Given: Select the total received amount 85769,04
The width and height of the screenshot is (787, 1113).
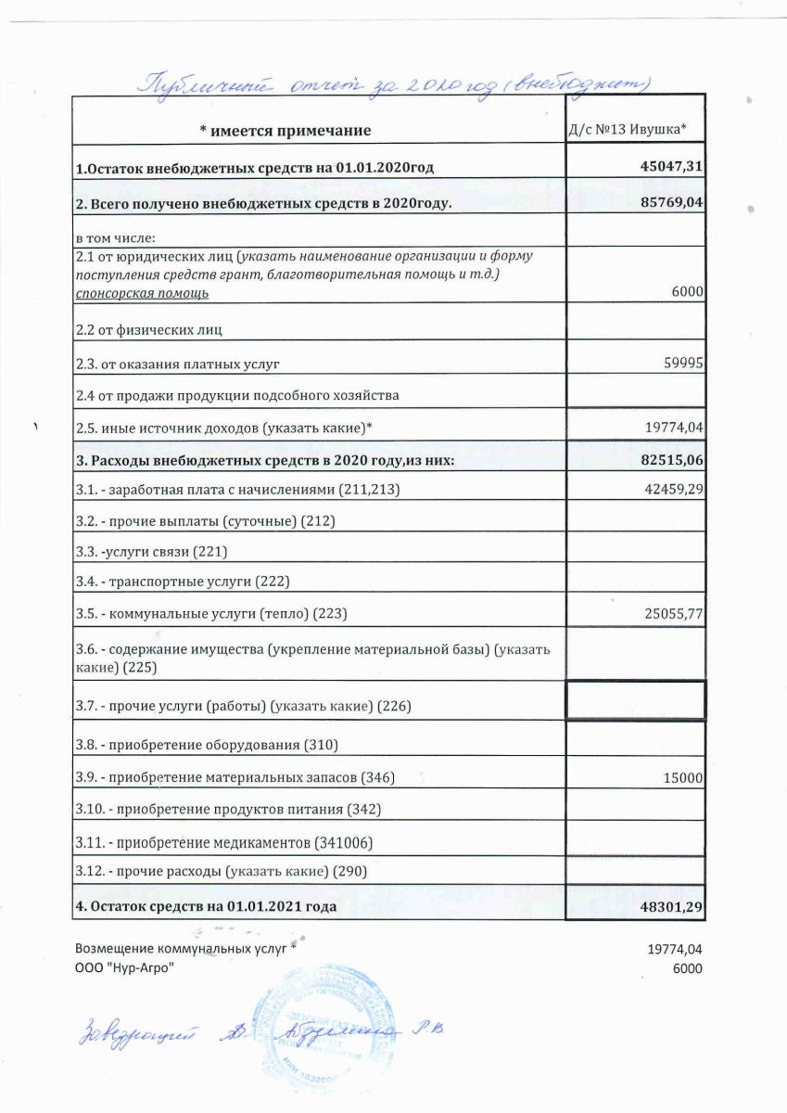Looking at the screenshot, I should (667, 203).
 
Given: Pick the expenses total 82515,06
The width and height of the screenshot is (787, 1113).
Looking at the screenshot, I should (667, 460).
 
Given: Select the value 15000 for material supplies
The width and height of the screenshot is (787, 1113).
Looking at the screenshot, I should (682, 778).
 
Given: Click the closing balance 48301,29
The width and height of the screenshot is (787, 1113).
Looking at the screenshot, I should (667, 906).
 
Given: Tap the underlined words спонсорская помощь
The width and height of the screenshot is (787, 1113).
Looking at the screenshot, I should (142, 293).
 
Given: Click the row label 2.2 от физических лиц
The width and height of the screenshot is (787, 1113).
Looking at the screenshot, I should (149, 329).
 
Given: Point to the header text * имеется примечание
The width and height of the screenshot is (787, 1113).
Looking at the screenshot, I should (285, 131).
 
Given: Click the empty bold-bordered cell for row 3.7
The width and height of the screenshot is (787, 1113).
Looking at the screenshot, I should (635, 700).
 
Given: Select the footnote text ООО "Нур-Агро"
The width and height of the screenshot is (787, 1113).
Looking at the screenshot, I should (123, 968).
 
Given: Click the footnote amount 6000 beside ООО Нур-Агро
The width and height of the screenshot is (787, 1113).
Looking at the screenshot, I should (687, 968).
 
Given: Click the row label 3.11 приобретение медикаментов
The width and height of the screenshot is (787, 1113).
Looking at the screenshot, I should (224, 842).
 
